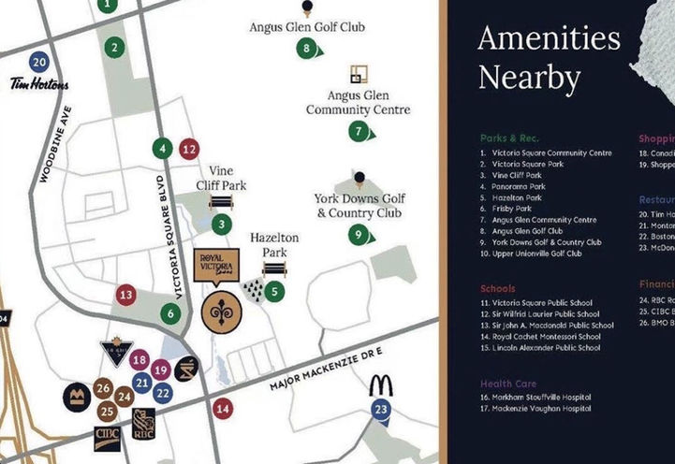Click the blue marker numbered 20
point(38,63)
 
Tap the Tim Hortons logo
point(39,84)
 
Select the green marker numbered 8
point(305,49)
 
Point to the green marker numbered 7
point(359,132)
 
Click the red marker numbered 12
point(189,148)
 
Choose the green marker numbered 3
point(221,224)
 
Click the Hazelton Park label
point(274,245)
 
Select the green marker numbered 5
point(274,292)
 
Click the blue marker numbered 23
point(380,409)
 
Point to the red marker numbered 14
point(222,409)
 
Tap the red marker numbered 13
point(126,295)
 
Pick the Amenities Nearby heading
point(549,58)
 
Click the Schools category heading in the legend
point(498,289)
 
